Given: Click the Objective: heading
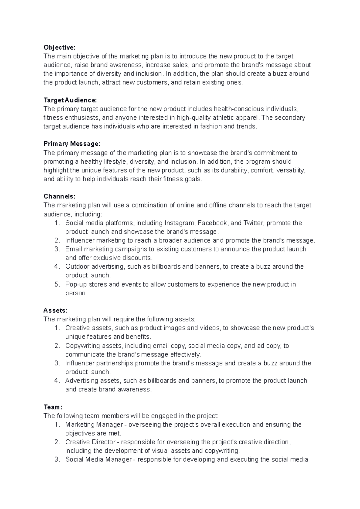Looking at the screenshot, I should [x=60, y=47].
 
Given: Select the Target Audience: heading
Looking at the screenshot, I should [x=70, y=100].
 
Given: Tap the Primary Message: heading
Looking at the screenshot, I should [x=72, y=144].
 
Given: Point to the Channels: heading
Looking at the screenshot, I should [x=59, y=196].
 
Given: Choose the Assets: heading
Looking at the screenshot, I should [x=55, y=310].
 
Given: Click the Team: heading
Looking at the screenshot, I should [x=53, y=407].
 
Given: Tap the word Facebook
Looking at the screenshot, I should [x=212, y=223].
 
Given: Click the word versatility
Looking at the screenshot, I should [x=291, y=171].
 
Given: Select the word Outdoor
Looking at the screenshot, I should [x=77, y=267].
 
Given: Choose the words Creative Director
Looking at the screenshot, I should [x=90, y=442].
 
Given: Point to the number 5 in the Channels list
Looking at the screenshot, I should [x=57, y=284].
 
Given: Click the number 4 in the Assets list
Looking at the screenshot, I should [x=57, y=381].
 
